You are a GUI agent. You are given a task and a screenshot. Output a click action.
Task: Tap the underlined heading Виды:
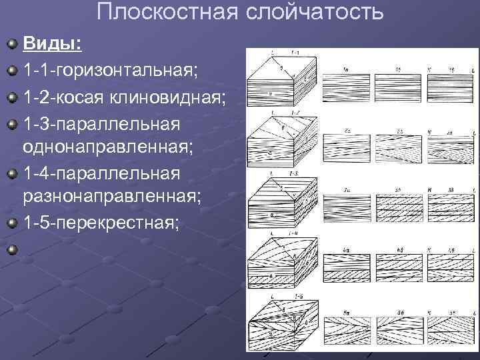pyautogui.click(x=53, y=44)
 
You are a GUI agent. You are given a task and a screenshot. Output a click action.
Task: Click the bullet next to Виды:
pyautogui.click(x=11, y=45)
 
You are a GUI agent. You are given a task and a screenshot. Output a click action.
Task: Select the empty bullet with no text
pyautogui.click(x=11, y=250)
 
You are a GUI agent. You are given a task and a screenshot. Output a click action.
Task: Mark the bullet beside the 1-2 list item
pyautogui.click(x=11, y=99)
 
